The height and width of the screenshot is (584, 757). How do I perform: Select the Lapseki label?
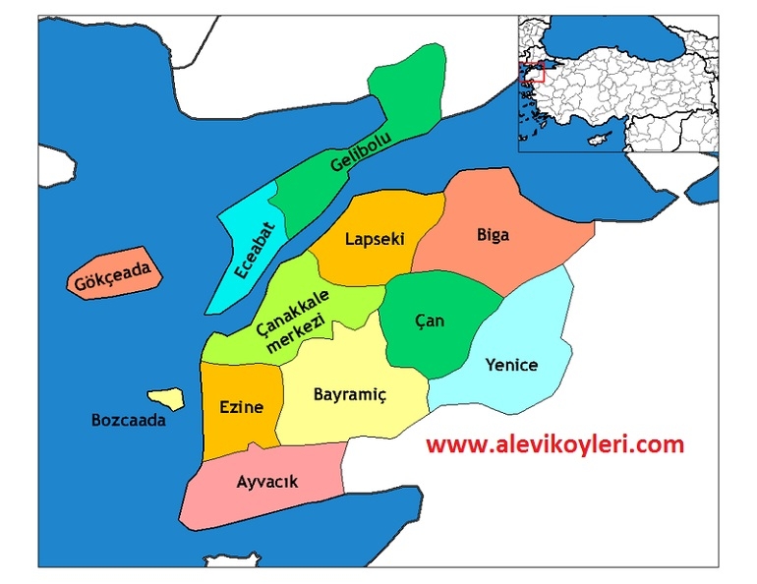375,238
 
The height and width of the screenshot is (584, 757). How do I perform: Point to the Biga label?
494,234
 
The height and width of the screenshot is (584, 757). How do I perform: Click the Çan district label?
430,321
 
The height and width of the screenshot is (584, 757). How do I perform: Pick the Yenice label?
511,365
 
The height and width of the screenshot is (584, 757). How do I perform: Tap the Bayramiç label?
350,394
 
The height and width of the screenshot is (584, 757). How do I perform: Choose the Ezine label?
240,407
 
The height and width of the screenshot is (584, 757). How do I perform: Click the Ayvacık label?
266,482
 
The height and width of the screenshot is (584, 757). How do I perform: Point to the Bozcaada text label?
128,420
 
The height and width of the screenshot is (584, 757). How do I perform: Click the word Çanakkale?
293,309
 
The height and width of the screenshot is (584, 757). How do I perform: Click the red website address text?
553,444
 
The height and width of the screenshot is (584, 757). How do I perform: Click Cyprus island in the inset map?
596,140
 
